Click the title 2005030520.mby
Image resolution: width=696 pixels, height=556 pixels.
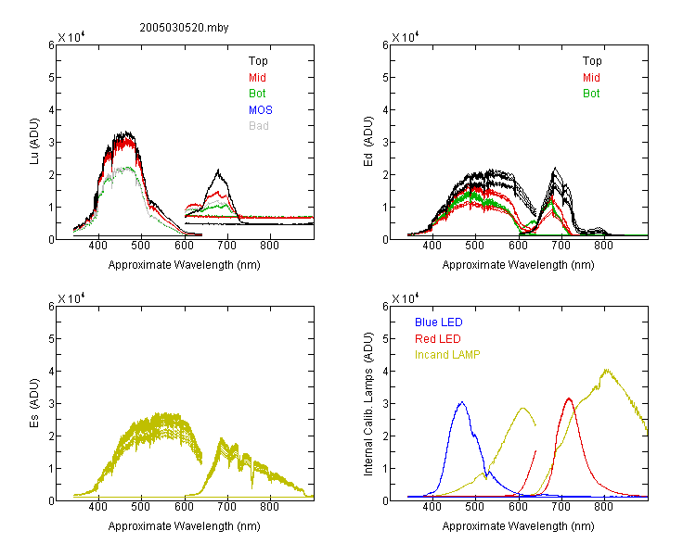tap(184, 28)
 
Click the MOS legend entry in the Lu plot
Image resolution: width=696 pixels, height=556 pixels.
tap(261, 109)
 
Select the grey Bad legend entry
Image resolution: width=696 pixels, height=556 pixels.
tap(258, 125)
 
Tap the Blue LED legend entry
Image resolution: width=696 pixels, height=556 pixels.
tap(439, 322)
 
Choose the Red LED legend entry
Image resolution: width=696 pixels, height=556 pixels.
tap(438, 339)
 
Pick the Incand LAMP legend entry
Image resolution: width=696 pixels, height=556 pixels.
tap(447, 355)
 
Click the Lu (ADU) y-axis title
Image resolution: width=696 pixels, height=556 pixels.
tap(34, 142)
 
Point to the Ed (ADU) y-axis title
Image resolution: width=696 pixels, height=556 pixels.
tap(368, 142)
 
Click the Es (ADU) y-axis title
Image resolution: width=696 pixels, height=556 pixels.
tap(34, 403)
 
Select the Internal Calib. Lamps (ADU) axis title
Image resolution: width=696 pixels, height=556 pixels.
tap(368, 404)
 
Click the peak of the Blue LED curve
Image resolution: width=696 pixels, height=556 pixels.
tap(462, 402)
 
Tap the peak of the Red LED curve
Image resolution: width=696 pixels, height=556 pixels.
tap(569, 398)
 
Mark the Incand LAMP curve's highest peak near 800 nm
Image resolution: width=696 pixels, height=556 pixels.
tap(606, 370)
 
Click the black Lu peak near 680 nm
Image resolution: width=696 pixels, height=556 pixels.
tap(218, 170)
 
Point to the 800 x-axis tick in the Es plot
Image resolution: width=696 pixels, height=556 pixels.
tap(269, 506)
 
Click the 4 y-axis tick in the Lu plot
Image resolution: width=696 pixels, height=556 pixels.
tap(51, 109)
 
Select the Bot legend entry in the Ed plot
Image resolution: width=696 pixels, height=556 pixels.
tap(591, 94)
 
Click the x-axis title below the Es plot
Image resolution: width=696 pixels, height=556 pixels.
tap(185, 526)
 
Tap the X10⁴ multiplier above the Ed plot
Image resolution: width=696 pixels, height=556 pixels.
tap(405, 36)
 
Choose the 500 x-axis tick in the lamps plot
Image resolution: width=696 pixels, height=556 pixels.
tap(475, 506)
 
